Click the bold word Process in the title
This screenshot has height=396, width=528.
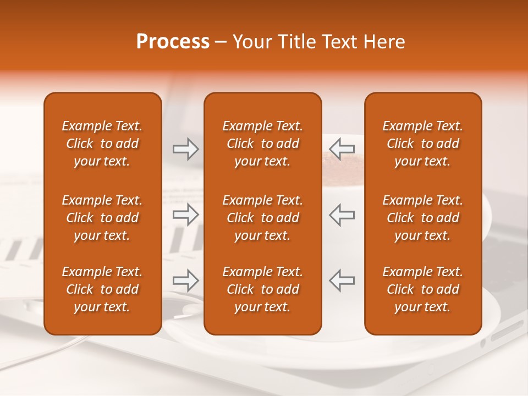[x=173, y=42]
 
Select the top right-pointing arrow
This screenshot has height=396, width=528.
[x=185, y=150]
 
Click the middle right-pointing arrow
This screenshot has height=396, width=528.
[x=185, y=215]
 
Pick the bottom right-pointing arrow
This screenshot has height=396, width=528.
[x=185, y=280]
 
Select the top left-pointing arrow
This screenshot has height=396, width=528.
[x=342, y=150]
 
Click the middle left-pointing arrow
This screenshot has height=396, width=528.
[x=342, y=215]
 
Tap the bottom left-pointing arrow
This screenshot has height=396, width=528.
[x=342, y=280]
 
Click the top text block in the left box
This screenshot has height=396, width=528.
[x=102, y=144]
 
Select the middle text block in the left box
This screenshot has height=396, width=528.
[x=102, y=218]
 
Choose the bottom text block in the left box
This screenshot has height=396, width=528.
[x=102, y=289]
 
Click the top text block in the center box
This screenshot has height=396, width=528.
[x=262, y=144]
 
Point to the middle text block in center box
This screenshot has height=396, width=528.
[x=262, y=218]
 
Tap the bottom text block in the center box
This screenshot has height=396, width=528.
[x=262, y=289]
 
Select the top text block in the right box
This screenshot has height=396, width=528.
[x=422, y=144]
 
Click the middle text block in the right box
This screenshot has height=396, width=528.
[x=422, y=218]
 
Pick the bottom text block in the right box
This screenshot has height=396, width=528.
[x=422, y=289]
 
